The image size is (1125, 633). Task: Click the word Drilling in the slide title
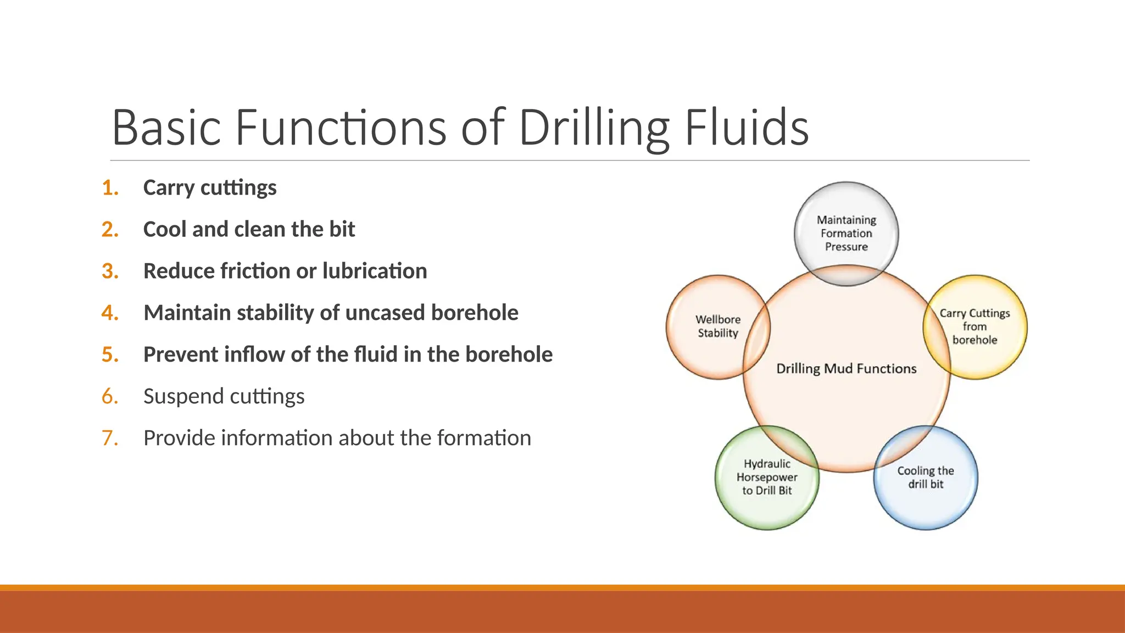click(x=593, y=129)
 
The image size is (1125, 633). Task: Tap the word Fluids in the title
click(x=747, y=127)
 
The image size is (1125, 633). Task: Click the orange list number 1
click(x=110, y=188)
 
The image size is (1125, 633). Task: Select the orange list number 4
click(x=110, y=313)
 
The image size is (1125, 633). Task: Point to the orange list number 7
click(x=110, y=438)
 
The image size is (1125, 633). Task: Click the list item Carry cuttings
click(x=210, y=188)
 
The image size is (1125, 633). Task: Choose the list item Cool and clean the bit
click(x=249, y=230)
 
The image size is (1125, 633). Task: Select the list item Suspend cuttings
click(x=224, y=397)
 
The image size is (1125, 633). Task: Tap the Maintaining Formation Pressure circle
click(x=846, y=233)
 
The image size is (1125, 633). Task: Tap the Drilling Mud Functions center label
click(x=846, y=369)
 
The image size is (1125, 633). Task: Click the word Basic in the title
click(x=166, y=127)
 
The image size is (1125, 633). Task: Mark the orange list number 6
click(x=110, y=397)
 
